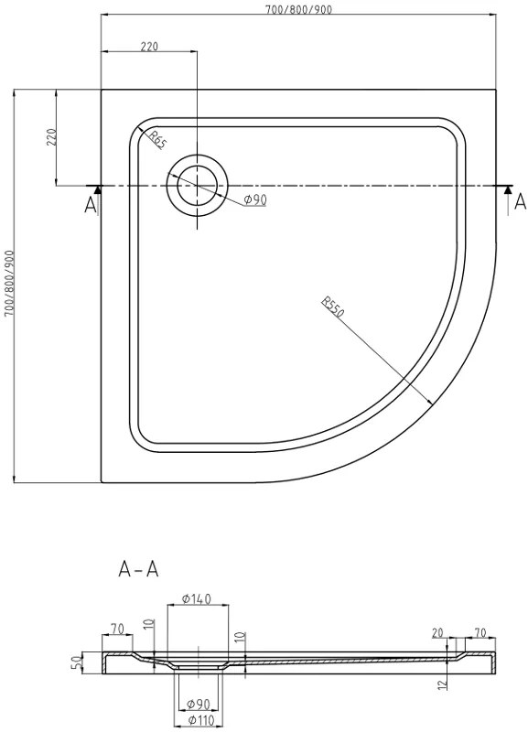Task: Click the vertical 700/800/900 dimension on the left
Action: click(x=8, y=284)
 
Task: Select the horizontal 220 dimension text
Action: click(x=152, y=47)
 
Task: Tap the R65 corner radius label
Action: click(x=157, y=140)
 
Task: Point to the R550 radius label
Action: click(x=332, y=307)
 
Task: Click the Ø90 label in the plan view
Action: click(x=255, y=200)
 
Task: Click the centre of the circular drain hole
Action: click(x=196, y=186)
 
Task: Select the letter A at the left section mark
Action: click(x=90, y=205)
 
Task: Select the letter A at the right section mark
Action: click(x=520, y=200)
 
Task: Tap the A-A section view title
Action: click(x=139, y=569)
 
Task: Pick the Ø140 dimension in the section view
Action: click(x=196, y=599)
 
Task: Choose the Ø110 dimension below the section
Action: click(x=196, y=721)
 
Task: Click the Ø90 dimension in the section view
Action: click(x=196, y=704)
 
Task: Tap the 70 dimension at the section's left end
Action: click(x=117, y=629)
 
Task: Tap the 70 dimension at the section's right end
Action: click(x=480, y=631)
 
